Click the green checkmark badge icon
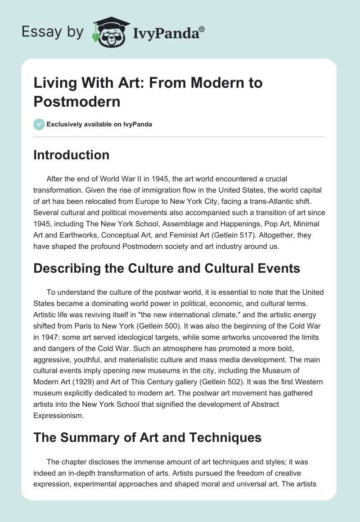39,124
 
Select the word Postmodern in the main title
77,101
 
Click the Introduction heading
72,155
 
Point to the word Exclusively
65,124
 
